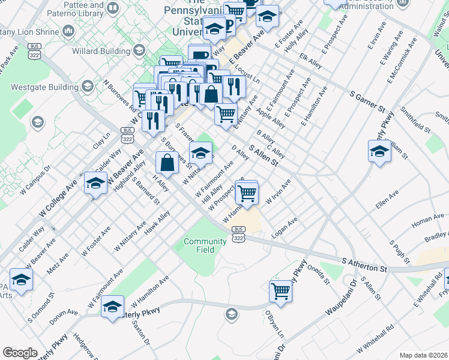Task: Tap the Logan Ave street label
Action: [x=285, y=229]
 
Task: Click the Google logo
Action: [x=20, y=353]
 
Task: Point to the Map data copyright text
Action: [x=423, y=355]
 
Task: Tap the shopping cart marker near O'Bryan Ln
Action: [x=280, y=291]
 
